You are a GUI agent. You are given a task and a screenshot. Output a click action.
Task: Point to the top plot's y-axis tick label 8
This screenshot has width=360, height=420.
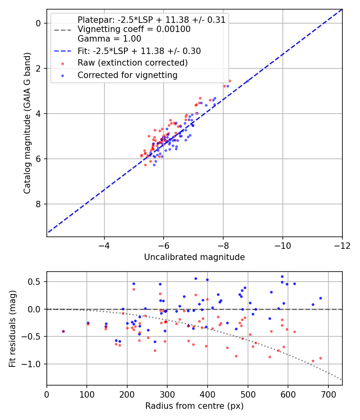(x=38, y=204)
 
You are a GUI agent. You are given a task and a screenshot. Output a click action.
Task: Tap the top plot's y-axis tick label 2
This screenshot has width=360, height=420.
(x=38, y=68)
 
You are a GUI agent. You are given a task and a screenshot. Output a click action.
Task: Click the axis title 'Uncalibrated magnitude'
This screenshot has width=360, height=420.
(x=194, y=257)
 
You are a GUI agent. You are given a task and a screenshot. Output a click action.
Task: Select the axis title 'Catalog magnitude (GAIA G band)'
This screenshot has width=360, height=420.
(x=27, y=123)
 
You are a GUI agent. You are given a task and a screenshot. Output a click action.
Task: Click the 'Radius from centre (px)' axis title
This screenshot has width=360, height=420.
(x=194, y=406)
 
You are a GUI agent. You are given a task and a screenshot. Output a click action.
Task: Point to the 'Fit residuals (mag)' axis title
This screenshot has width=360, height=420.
(x=12, y=329)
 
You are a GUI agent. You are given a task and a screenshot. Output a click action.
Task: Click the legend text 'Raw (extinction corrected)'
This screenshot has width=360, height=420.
(x=132, y=63)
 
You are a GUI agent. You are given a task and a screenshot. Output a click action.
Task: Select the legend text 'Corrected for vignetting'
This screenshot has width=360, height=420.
(x=128, y=75)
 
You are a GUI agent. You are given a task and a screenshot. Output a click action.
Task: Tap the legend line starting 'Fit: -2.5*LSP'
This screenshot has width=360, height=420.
(x=139, y=51)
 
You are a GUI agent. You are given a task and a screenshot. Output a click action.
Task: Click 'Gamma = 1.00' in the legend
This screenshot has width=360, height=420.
(x=109, y=39)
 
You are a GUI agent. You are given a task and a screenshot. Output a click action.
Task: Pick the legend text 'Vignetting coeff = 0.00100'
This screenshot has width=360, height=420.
(x=134, y=29)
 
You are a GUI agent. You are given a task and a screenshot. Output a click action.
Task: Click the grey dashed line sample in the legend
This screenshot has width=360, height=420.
(x=63, y=30)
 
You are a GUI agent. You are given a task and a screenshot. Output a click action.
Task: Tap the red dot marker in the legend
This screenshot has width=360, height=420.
(x=63, y=64)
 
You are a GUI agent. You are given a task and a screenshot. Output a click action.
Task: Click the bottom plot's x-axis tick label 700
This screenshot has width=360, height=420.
(x=328, y=394)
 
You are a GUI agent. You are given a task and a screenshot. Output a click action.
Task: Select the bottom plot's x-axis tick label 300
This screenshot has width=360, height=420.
(x=167, y=394)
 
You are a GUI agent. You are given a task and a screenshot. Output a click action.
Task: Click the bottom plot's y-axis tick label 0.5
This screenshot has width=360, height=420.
(x=35, y=282)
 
